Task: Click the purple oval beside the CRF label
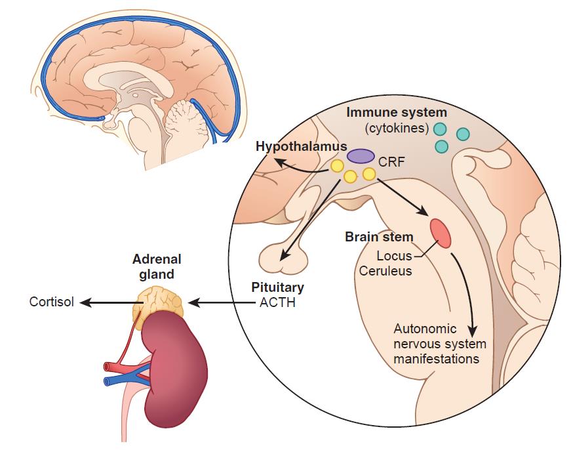(x=361, y=155)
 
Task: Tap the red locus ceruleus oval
(x=440, y=234)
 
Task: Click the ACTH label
(x=273, y=303)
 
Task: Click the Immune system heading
(x=397, y=112)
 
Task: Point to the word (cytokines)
(x=397, y=127)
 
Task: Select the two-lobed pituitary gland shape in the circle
(x=283, y=256)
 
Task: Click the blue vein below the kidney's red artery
(x=121, y=380)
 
